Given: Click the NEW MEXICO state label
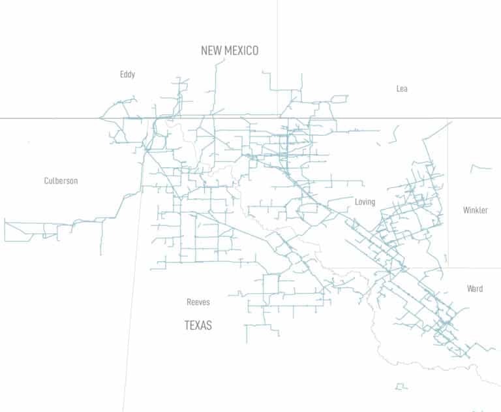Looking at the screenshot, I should point(229,50).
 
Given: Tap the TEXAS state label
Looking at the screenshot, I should point(198,325).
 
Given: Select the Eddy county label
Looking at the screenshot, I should point(127,74).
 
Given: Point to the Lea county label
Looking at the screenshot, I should point(402,89).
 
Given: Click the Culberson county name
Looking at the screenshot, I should point(61,181).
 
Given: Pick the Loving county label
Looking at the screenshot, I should point(365,202).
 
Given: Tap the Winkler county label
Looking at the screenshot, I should point(475,210).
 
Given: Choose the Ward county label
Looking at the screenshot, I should point(474,289).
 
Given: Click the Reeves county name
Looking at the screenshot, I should point(198,302).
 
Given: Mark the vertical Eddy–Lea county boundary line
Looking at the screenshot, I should point(278,39).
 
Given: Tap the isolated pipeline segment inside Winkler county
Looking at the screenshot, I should point(481,168).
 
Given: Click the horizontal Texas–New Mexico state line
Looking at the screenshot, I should point(52,118).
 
